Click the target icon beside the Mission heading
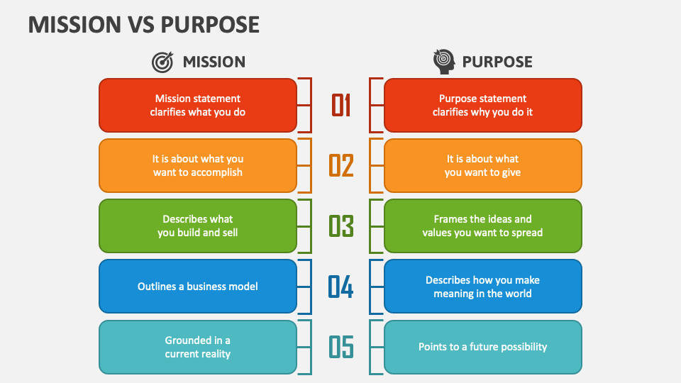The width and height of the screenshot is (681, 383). [x=162, y=62]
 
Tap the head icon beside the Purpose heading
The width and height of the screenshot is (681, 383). [x=444, y=62]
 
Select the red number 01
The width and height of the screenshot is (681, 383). [x=341, y=105]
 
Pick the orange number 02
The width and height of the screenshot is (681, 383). [x=341, y=165]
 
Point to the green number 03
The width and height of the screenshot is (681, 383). [x=341, y=226]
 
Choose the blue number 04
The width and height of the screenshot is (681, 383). [x=341, y=287]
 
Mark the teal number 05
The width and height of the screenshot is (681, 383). [x=341, y=348]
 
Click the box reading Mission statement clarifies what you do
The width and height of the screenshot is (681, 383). [x=198, y=105]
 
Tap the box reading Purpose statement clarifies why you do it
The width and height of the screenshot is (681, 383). [x=482, y=105]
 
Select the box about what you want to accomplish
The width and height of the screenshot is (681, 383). [x=198, y=165]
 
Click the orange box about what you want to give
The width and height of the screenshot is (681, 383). [x=482, y=165]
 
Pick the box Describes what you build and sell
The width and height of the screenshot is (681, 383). [x=198, y=226]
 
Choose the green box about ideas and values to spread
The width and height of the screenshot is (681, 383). [x=482, y=226]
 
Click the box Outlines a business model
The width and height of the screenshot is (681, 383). [x=198, y=287]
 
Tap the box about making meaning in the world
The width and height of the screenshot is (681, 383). [x=482, y=287]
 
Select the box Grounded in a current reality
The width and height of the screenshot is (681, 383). [x=198, y=348]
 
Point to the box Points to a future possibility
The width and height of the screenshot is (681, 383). [x=482, y=348]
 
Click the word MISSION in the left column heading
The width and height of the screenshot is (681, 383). [x=214, y=62]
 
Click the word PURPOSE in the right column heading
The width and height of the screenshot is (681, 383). [x=497, y=62]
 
